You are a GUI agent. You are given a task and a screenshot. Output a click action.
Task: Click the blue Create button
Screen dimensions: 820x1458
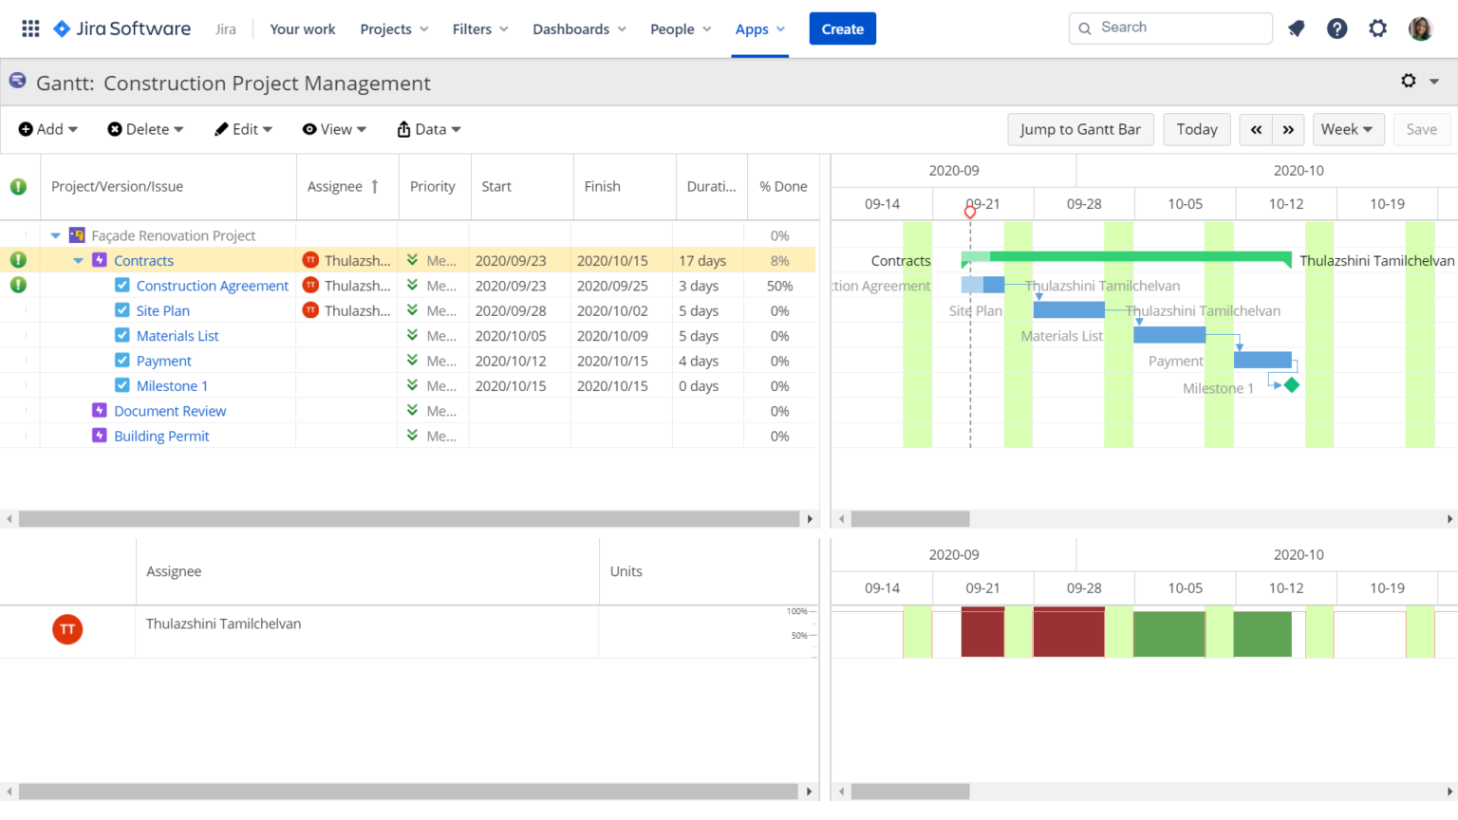(x=842, y=28)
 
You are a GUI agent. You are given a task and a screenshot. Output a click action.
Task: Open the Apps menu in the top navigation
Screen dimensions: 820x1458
(x=759, y=29)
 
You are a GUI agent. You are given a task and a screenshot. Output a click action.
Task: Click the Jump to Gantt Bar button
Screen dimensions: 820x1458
(x=1080, y=129)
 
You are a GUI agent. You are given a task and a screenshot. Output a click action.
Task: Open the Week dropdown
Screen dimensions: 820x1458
(x=1347, y=129)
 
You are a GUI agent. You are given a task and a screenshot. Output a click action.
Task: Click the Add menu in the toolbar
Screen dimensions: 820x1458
(x=47, y=129)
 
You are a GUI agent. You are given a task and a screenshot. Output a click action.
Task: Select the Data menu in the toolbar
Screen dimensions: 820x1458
(x=429, y=129)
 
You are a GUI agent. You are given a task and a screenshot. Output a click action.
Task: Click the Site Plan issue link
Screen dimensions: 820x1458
(x=162, y=310)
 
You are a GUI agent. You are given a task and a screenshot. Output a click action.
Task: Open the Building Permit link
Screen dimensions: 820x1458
(x=161, y=436)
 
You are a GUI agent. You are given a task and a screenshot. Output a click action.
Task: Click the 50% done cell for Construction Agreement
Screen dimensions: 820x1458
(x=779, y=286)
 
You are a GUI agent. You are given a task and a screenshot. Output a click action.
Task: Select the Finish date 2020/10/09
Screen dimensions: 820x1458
(x=612, y=336)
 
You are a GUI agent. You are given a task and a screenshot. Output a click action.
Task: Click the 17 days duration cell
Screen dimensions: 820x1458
(x=702, y=261)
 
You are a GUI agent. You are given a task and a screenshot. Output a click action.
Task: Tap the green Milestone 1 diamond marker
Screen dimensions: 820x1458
(x=1291, y=384)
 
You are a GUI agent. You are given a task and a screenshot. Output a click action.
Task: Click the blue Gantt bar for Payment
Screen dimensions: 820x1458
(x=1262, y=360)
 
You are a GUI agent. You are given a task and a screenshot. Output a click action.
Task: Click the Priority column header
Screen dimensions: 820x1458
(x=432, y=187)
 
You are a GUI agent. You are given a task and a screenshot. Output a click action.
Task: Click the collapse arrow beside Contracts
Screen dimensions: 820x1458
(x=78, y=261)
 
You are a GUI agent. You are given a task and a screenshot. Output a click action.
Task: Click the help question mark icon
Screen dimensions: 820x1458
(x=1336, y=28)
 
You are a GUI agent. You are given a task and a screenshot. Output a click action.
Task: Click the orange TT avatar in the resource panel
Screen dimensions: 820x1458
(x=67, y=629)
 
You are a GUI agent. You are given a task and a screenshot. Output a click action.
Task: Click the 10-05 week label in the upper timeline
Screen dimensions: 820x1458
(x=1185, y=204)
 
